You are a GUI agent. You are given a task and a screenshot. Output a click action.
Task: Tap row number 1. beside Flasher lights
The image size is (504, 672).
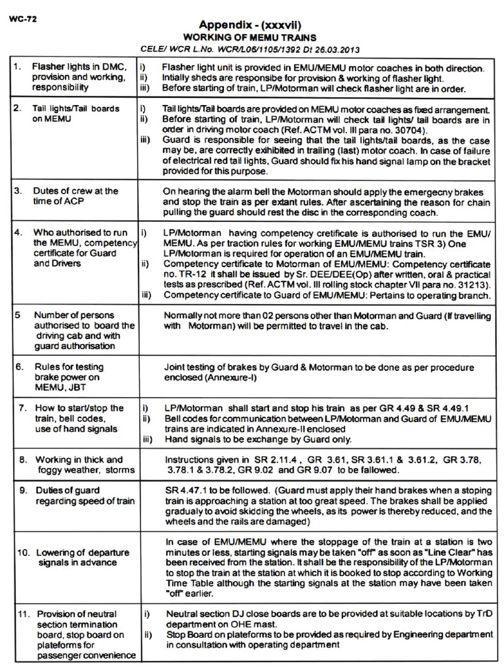click(x=18, y=67)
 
